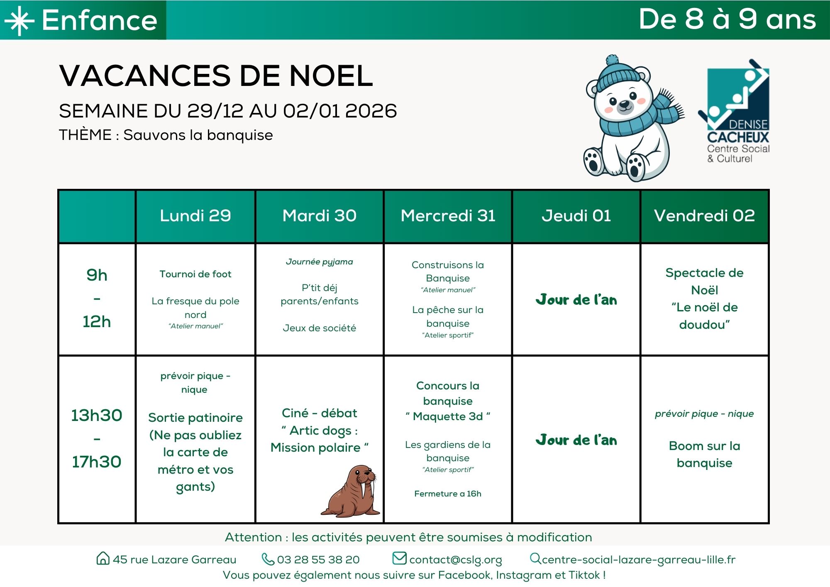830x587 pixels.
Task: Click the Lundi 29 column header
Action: [195, 216]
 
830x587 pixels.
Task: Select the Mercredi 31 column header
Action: [448, 216]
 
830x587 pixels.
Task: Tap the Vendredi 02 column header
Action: [704, 216]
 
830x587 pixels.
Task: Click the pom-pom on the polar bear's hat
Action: [612, 60]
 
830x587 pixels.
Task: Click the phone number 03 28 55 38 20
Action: [318, 560]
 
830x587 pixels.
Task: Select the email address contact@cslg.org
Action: [455, 560]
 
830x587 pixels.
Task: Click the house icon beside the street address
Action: [103, 558]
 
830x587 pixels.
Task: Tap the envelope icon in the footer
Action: [399, 558]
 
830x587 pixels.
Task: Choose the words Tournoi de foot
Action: [195, 274]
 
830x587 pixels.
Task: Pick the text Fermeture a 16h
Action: [447, 494]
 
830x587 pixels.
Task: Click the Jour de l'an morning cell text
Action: [576, 300]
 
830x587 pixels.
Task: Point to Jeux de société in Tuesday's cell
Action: [319, 328]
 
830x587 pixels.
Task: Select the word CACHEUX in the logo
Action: [738, 137]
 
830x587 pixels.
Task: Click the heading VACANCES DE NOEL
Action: [216, 76]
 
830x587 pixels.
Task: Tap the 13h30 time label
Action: [96, 415]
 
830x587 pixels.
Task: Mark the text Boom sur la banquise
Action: [704, 454]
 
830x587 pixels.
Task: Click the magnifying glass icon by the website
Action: [535, 558]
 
